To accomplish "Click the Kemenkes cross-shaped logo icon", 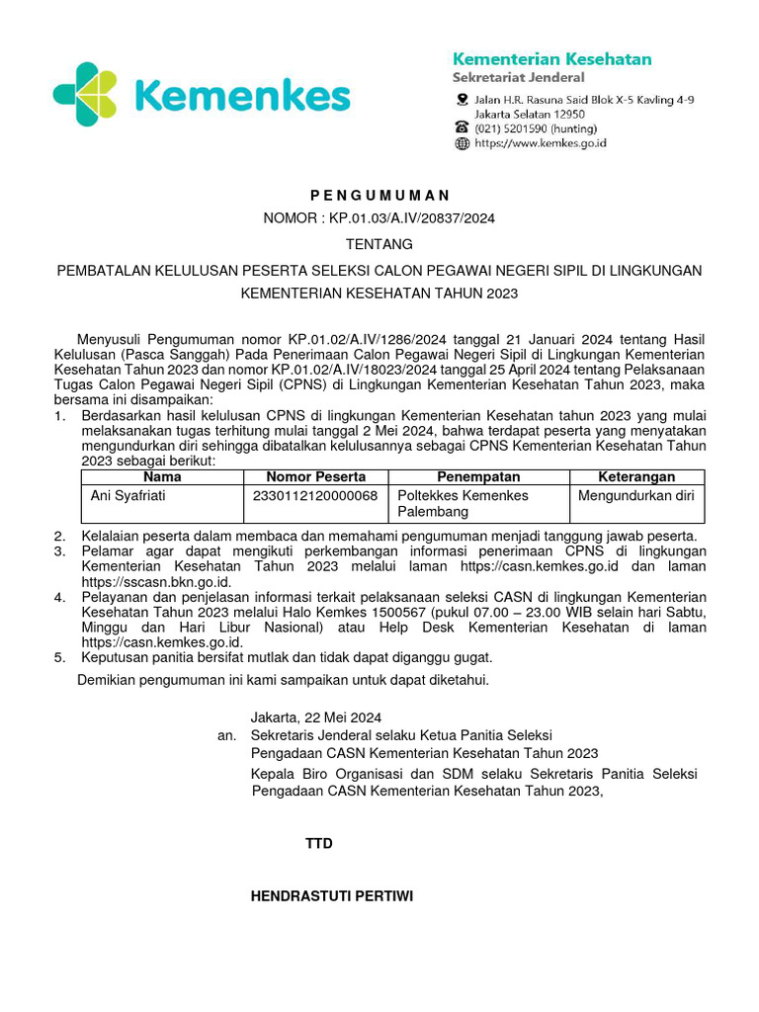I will [87, 96].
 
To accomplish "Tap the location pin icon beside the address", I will [462, 100].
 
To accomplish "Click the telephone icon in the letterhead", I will [462, 126].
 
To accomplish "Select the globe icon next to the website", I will [462, 143].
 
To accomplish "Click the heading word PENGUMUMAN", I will [379, 196].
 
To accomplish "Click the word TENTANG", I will [379, 244].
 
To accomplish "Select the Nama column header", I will [162, 477].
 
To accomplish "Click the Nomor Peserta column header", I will [315, 477].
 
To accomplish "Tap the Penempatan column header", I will [478, 477].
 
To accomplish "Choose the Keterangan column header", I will [636, 477].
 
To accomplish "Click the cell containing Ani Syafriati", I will [127, 495].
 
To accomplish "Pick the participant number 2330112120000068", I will [315, 495].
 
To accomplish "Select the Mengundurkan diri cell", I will [636, 495].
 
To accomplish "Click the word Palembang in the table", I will [433, 513].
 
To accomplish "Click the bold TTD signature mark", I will [319, 844].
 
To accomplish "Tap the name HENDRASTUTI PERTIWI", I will [332, 896].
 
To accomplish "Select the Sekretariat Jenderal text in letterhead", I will [518, 77].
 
